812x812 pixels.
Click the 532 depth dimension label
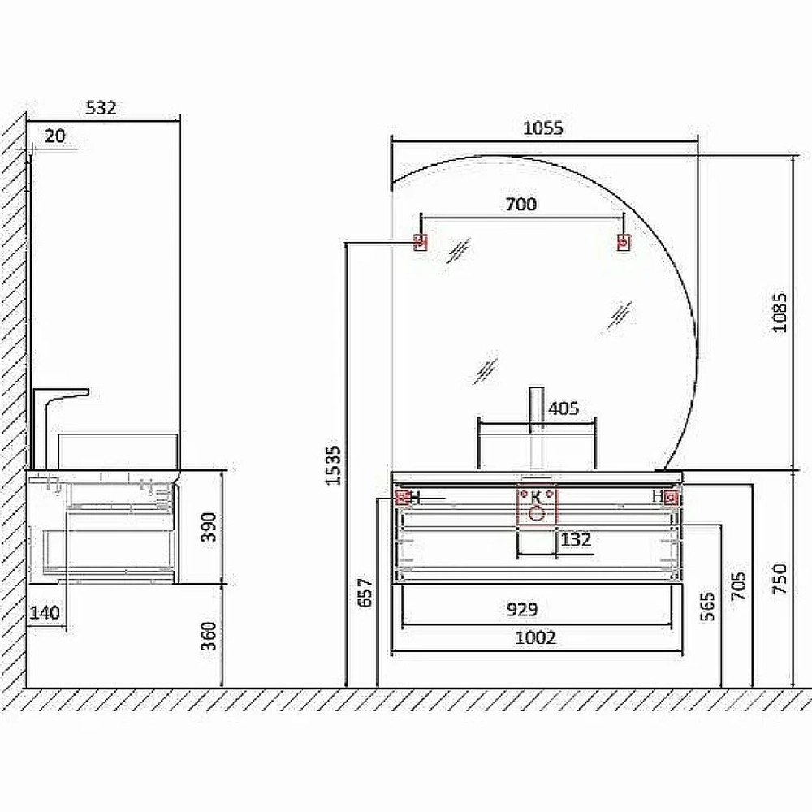click(101, 108)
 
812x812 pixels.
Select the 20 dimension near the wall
click(55, 136)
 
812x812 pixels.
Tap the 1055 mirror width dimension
click(542, 128)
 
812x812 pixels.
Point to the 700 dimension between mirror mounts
click(521, 205)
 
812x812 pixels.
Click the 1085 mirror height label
click(780, 313)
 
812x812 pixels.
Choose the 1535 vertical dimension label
click(334, 465)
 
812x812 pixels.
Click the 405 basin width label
click(564, 408)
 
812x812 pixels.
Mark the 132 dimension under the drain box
click(576, 540)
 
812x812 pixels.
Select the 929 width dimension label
click(522, 610)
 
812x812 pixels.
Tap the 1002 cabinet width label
click(535, 637)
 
